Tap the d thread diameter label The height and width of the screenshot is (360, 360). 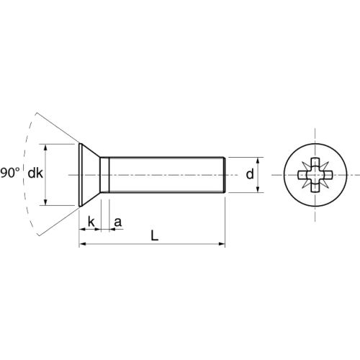click(249, 174)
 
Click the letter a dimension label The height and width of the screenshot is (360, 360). click(118, 221)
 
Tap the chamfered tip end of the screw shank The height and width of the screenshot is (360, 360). click(225, 175)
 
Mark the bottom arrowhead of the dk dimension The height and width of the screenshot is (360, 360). click(48, 204)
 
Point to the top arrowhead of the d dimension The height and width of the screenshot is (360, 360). click(259, 160)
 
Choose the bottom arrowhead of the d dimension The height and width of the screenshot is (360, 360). click(259, 190)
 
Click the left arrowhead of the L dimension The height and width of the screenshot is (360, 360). click(81, 246)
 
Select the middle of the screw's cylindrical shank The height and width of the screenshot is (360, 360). click(166, 175)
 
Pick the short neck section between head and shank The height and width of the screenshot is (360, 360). click(104, 175)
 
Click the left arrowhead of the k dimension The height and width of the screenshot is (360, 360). click(81, 229)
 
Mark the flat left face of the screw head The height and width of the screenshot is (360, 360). click(78, 175)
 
